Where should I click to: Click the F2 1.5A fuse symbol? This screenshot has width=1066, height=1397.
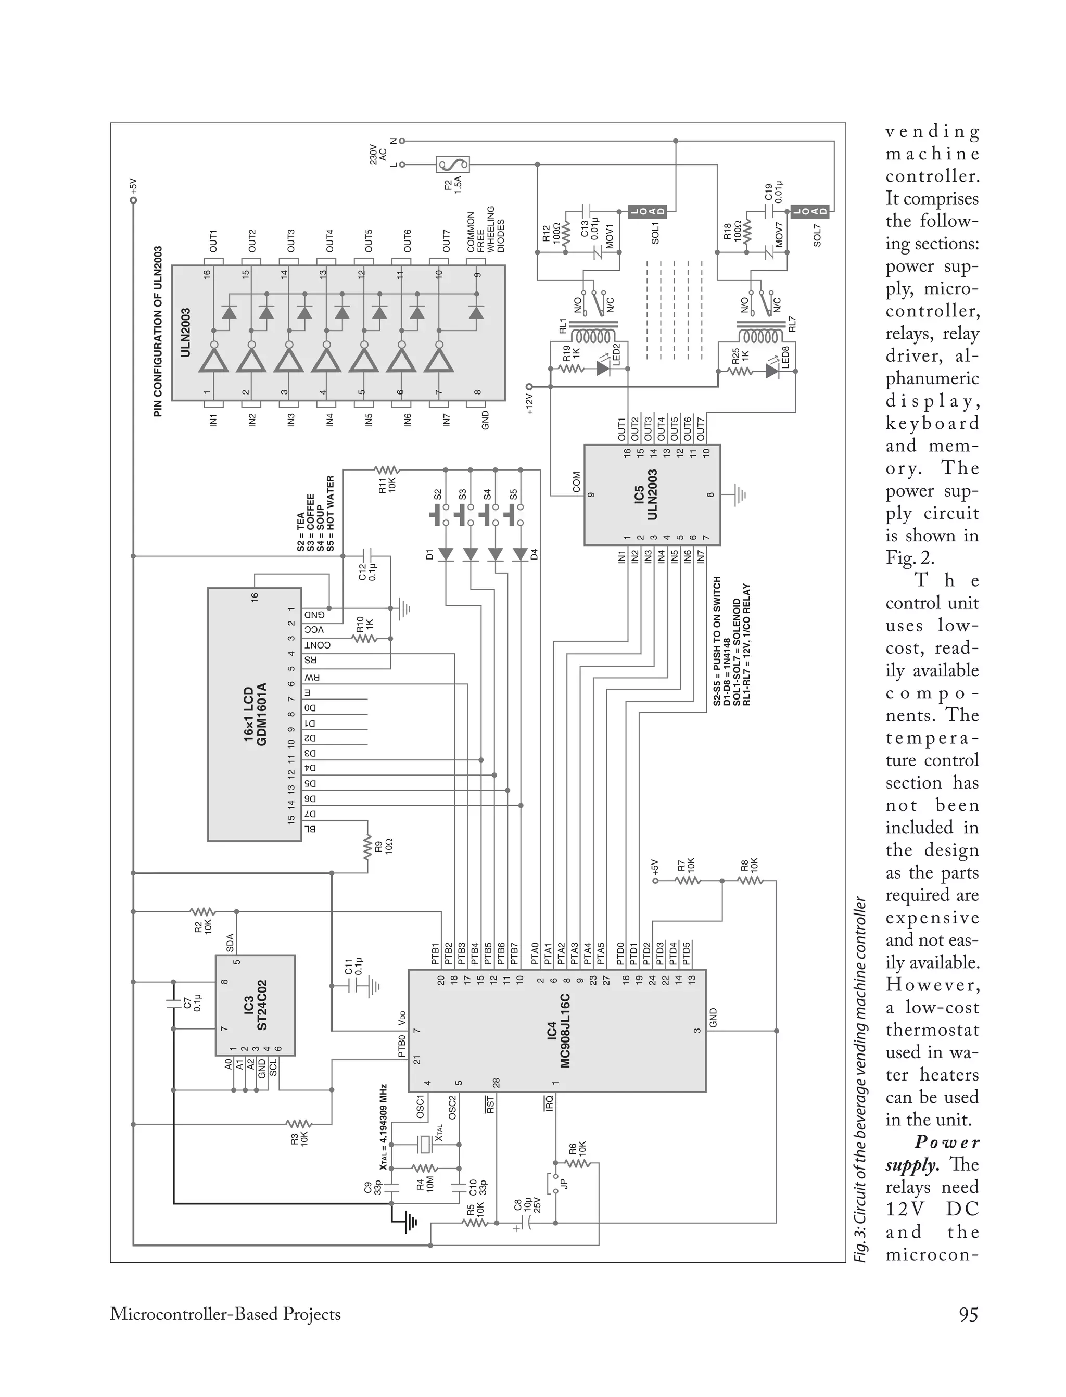click(453, 165)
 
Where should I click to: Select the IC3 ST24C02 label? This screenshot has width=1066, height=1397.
click(256, 1006)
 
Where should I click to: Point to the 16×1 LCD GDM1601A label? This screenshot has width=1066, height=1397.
click(255, 714)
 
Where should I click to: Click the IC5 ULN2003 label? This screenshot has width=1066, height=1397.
click(645, 495)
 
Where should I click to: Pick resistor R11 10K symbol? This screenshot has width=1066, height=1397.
click(386, 470)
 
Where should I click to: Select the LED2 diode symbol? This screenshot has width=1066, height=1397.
click(603, 369)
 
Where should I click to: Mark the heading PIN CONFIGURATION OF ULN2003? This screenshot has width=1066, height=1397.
click(158, 331)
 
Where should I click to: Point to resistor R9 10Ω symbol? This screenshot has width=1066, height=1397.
click(367, 847)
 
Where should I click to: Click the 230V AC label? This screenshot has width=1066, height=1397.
click(378, 154)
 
